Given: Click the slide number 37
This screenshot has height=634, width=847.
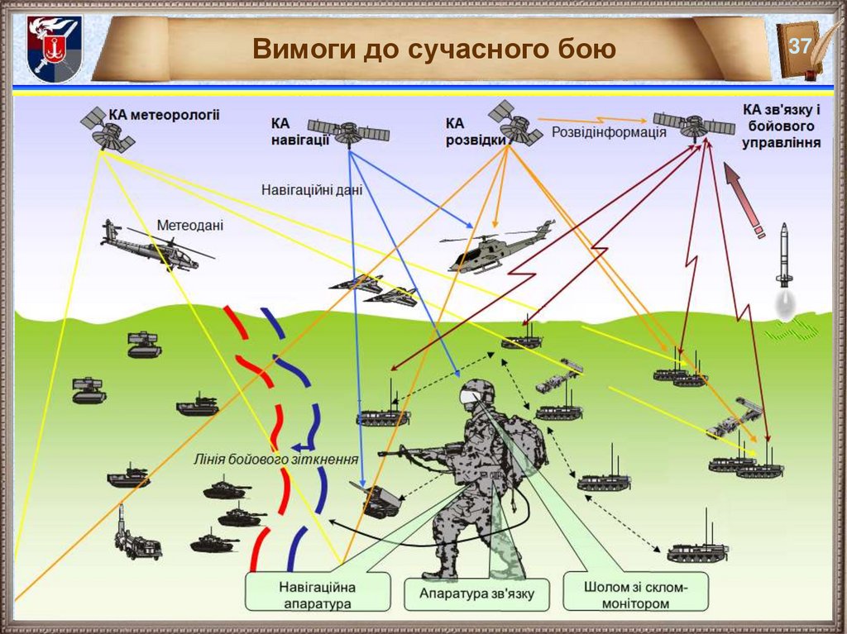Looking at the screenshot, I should tap(799, 46).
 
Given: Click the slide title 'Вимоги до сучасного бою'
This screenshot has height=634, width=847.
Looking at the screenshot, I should tap(434, 49).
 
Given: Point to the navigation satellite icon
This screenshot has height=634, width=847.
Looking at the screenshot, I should tap(349, 131).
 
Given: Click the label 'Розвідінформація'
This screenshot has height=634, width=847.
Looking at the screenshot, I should tap(608, 132).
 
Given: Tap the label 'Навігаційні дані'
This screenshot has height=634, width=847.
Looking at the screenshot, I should tap(312, 189).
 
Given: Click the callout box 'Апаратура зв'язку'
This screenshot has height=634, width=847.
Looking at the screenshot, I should tap(477, 593).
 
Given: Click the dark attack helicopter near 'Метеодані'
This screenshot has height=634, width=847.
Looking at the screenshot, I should tap(151, 246).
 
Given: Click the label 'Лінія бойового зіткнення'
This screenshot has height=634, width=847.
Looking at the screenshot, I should tap(276, 460).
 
